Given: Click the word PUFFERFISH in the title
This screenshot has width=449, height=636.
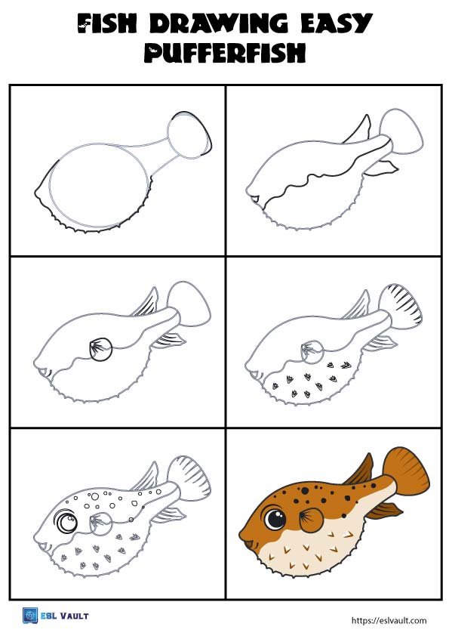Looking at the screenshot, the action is tap(225, 53).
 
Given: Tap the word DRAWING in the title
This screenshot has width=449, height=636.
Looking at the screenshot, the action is tap(218, 23).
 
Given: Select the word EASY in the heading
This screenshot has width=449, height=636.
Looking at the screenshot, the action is tap(337, 23).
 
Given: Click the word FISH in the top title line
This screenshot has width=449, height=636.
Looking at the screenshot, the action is tap(107, 23).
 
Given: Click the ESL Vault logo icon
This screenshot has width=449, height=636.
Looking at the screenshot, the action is tap(30, 616).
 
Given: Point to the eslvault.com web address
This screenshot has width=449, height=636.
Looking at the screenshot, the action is tap(389, 620).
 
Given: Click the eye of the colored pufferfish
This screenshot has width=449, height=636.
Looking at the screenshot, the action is tap(275, 518).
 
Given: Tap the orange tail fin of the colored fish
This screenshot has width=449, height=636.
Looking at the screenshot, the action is tap(405, 470).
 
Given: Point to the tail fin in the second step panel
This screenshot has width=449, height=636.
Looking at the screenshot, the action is tap(401, 131).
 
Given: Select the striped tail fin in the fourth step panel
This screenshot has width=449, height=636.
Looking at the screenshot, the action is tap(400, 304).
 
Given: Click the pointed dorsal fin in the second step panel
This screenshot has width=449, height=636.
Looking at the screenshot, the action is tap(358, 130).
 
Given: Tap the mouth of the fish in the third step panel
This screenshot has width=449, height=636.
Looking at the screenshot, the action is tap(43, 372).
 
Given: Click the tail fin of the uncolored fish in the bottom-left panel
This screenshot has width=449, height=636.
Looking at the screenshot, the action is tap(189, 477).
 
